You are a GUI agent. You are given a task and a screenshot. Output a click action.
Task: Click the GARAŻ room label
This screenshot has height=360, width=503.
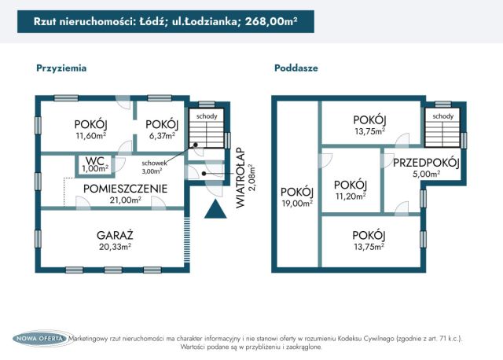pos(115,236)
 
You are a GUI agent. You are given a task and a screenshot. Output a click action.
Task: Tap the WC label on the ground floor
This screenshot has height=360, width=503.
pos(95,160)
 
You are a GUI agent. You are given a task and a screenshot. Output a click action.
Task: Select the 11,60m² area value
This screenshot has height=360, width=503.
pos(91,136)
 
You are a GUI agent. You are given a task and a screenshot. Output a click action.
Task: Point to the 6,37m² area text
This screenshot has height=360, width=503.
pos(162,136)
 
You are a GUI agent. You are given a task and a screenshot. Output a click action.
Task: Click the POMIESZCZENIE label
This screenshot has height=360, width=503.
pos(126,189)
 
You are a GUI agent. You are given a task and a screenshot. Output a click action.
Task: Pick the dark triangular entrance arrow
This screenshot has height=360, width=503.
pos(215,209)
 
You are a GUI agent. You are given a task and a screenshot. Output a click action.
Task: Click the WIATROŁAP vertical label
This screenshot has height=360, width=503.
pos(240,178)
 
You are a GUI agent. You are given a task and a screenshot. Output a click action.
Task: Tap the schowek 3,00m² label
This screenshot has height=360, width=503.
pos(154,167)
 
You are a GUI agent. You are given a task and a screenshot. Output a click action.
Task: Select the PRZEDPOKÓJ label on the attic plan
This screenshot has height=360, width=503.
pos(426,163)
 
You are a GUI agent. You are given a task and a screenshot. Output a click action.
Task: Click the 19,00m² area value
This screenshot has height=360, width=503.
pos(297,204)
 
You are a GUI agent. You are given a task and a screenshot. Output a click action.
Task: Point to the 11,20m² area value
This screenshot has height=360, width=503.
pos(351,197)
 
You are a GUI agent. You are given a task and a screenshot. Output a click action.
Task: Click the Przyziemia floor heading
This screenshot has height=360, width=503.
pos(61,68)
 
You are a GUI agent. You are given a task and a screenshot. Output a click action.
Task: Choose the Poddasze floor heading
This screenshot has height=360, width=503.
pos(296,68)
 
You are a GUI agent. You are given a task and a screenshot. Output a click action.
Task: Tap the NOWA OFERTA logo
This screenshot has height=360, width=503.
pos(40,339)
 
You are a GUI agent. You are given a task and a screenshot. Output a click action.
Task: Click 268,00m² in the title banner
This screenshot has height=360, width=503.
pos(271,21)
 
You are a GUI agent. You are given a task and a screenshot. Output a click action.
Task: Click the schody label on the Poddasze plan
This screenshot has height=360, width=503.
pos(443,116)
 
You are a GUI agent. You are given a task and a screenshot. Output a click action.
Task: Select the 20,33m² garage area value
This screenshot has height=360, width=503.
pos(115,247)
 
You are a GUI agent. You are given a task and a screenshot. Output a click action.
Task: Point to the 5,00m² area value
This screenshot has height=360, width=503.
pos(426,174)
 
